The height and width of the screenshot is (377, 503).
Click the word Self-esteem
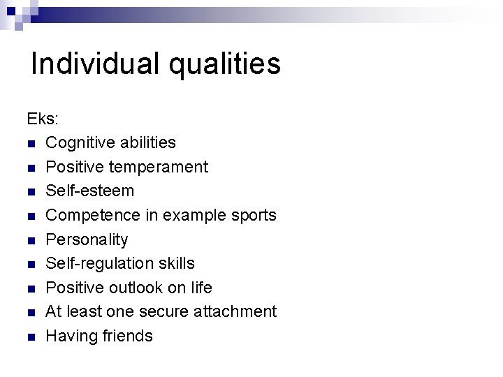point(89,191)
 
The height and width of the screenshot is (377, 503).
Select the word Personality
point(87,240)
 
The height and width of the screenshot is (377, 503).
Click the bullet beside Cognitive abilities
point(31,144)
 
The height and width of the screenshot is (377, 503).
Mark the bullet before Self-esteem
point(31,192)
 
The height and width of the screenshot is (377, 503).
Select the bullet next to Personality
point(31,240)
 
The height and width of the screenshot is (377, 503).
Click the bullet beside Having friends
point(31,337)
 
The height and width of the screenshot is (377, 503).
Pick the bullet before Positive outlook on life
point(31,288)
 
